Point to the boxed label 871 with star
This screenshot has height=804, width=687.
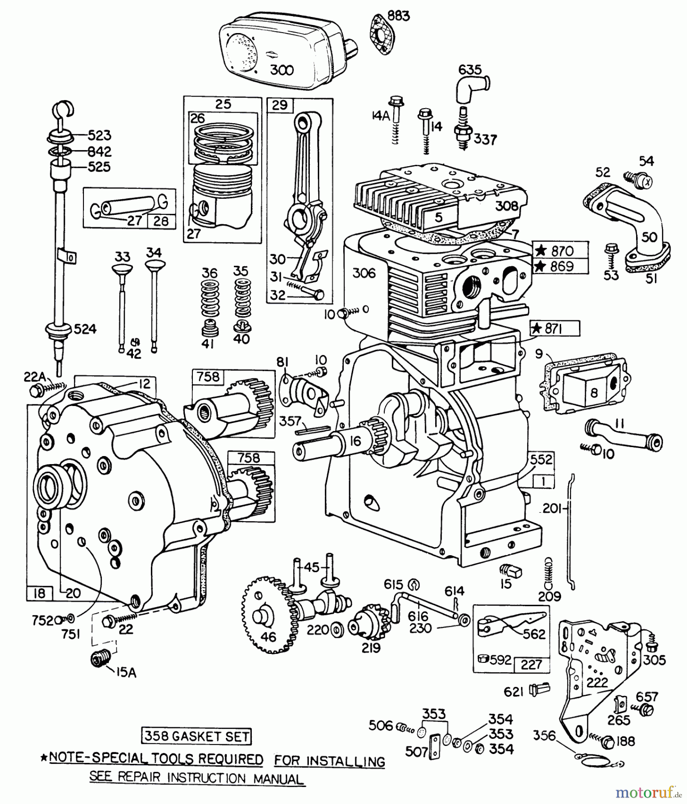tap(555, 329)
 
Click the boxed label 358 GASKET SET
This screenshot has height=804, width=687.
tap(196, 736)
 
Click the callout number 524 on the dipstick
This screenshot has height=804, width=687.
tap(85, 329)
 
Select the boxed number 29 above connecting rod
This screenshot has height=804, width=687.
tap(280, 106)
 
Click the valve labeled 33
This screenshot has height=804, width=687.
tap(122, 308)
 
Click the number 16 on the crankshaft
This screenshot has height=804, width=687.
tap(355, 441)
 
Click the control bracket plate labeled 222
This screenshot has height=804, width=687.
tap(598, 670)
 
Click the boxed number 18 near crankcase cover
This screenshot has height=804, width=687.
tap(40, 593)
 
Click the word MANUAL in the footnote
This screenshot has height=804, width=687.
tap(279, 779)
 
